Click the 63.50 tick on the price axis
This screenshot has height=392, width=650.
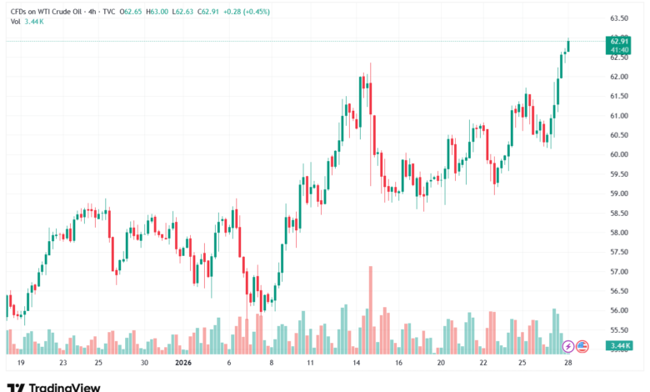[x=618, y=18]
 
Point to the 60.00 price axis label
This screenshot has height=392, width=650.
[x=618, y=154]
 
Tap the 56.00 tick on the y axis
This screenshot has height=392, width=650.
[x=618, y=310]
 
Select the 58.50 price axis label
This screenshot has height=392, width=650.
[x=618, y=213]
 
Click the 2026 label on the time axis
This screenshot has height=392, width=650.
[x=183, y=364]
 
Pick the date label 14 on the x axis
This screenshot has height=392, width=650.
[x=356, y=364]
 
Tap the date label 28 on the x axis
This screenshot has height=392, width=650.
[x=567, y=364]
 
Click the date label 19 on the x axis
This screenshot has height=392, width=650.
[x=20, y=364]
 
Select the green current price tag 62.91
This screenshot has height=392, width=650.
[x=618, y=41]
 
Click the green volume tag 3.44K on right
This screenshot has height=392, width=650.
[x=618, y=345]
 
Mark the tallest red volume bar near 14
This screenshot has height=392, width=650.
[x=371, y=309]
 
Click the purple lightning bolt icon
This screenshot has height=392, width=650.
[x=568, y=345]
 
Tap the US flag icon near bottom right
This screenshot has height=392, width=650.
[x=583, y=345]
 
